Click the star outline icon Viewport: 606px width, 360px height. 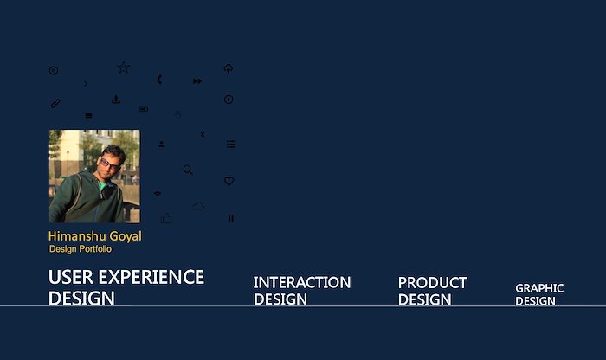tap(124, 67)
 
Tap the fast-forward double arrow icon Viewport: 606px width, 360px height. tap(197, 81)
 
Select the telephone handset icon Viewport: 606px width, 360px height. tap(160, 80)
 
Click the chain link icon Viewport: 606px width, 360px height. tap(55, 103)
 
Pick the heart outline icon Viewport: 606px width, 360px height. tap(229, 181)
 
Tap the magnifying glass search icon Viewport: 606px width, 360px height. tap(188, 170)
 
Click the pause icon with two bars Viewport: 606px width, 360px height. tap(231, 218)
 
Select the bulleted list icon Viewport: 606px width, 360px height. tap(231, 144)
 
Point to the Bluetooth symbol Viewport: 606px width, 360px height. tap(203, 134)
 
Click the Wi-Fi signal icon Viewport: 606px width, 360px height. tap(158, 194)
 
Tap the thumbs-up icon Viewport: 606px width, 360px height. tap(166, 218)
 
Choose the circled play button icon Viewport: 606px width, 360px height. tap(229, 100)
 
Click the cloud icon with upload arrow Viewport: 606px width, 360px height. tap(229, 68)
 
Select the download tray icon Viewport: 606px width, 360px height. tap(116, 100)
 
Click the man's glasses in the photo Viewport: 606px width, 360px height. tap(109, 164)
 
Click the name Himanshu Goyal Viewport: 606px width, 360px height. tap(94, 236)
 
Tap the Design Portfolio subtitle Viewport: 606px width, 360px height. tap(81, 249)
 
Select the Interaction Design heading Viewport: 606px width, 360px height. tap(302, 291)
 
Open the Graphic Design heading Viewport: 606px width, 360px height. tap(539, 295)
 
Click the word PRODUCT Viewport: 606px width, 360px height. tap(433, 283)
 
